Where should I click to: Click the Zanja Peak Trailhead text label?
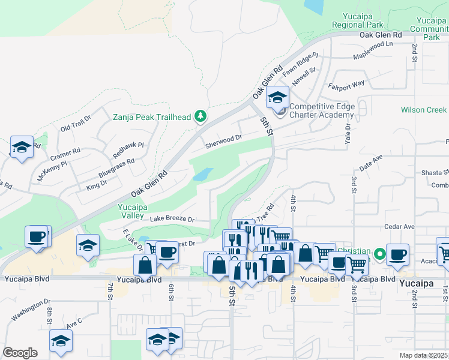152,116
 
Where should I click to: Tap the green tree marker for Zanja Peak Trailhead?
202,116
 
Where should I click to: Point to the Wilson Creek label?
424,110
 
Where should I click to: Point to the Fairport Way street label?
345,85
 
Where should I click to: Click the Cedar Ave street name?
400,227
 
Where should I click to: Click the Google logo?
20,353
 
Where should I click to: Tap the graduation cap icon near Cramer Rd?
22,147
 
